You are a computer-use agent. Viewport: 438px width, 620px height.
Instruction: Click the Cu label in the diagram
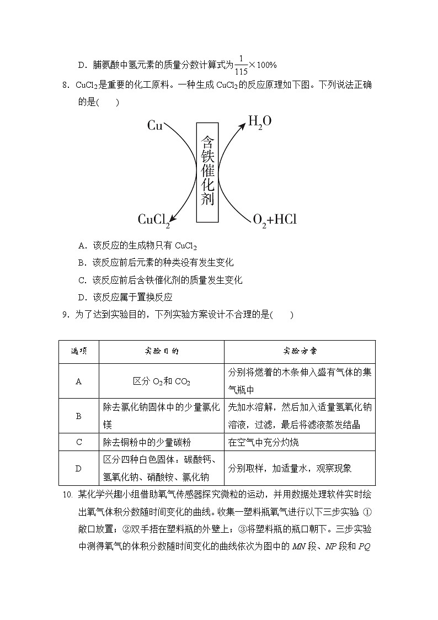pos(154,126)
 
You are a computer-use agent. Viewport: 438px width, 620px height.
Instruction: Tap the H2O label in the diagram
pos(259,121)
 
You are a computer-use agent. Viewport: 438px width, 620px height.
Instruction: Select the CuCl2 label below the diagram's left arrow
pos(153,220)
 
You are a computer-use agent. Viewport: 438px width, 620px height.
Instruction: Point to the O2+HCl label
pos(274,220)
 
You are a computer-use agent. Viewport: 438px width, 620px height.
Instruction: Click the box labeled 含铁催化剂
pos(207,172)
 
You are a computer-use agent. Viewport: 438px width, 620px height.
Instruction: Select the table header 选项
pos(78,351)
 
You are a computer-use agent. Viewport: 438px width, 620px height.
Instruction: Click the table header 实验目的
pos(161,351)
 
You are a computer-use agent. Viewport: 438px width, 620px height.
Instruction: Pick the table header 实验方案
pos(300,351)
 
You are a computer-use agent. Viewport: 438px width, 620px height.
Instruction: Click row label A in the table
pos(78,381)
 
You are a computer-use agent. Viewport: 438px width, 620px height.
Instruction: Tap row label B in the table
pos(78,416)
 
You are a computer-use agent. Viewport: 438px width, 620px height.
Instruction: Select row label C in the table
pos(78,442)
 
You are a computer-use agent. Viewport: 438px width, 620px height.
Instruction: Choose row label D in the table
pos(78,468)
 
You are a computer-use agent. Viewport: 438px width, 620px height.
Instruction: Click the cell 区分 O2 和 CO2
pos(161,381)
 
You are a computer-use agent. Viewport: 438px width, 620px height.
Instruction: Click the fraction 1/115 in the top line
pos(241,65)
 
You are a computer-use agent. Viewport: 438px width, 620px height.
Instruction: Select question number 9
pos(65,315)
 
